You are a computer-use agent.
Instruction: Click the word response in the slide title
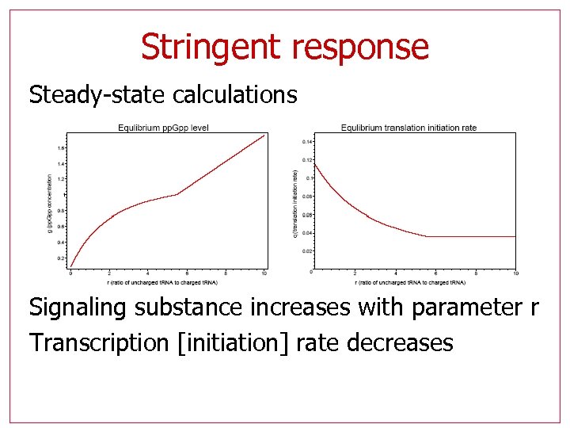(x=360, y=47)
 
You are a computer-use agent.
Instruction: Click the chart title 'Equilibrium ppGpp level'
(x=163, y=128)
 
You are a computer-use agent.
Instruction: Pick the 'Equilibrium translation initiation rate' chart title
(x=408, y=128)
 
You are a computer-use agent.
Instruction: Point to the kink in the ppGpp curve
(x=177, y=194)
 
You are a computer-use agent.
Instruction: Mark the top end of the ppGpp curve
(x=264, y=136)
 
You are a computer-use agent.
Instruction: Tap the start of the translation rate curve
(x=315, y=163)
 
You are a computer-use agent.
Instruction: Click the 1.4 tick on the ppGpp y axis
(x=61, y=163)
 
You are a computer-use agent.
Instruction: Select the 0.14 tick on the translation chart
(x=307, y=142)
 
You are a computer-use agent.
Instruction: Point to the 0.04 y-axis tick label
(x=307, y=233)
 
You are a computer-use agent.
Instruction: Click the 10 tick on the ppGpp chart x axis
(x=264, y=273)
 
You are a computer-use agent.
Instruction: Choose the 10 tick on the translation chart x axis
(x=515, y=273)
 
